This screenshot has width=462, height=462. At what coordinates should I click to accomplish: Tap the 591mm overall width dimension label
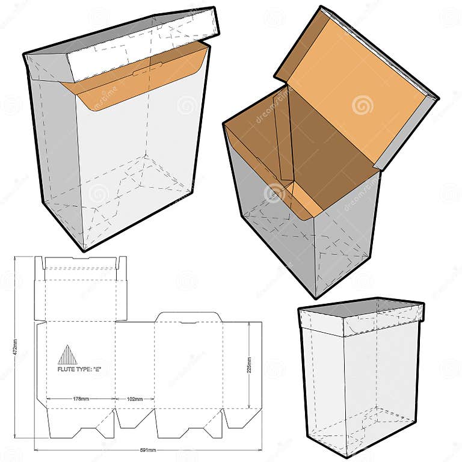click(148, 450)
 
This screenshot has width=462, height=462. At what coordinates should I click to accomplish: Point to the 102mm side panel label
click(134, 399)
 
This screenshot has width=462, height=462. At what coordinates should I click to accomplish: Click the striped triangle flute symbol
click(67, 355)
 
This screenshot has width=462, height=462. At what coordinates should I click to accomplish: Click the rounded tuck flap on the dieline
click(188, 317)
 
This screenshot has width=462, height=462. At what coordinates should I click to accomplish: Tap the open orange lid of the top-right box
click(355, 90)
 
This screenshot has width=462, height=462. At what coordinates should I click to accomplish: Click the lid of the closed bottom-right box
click(361, 316)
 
